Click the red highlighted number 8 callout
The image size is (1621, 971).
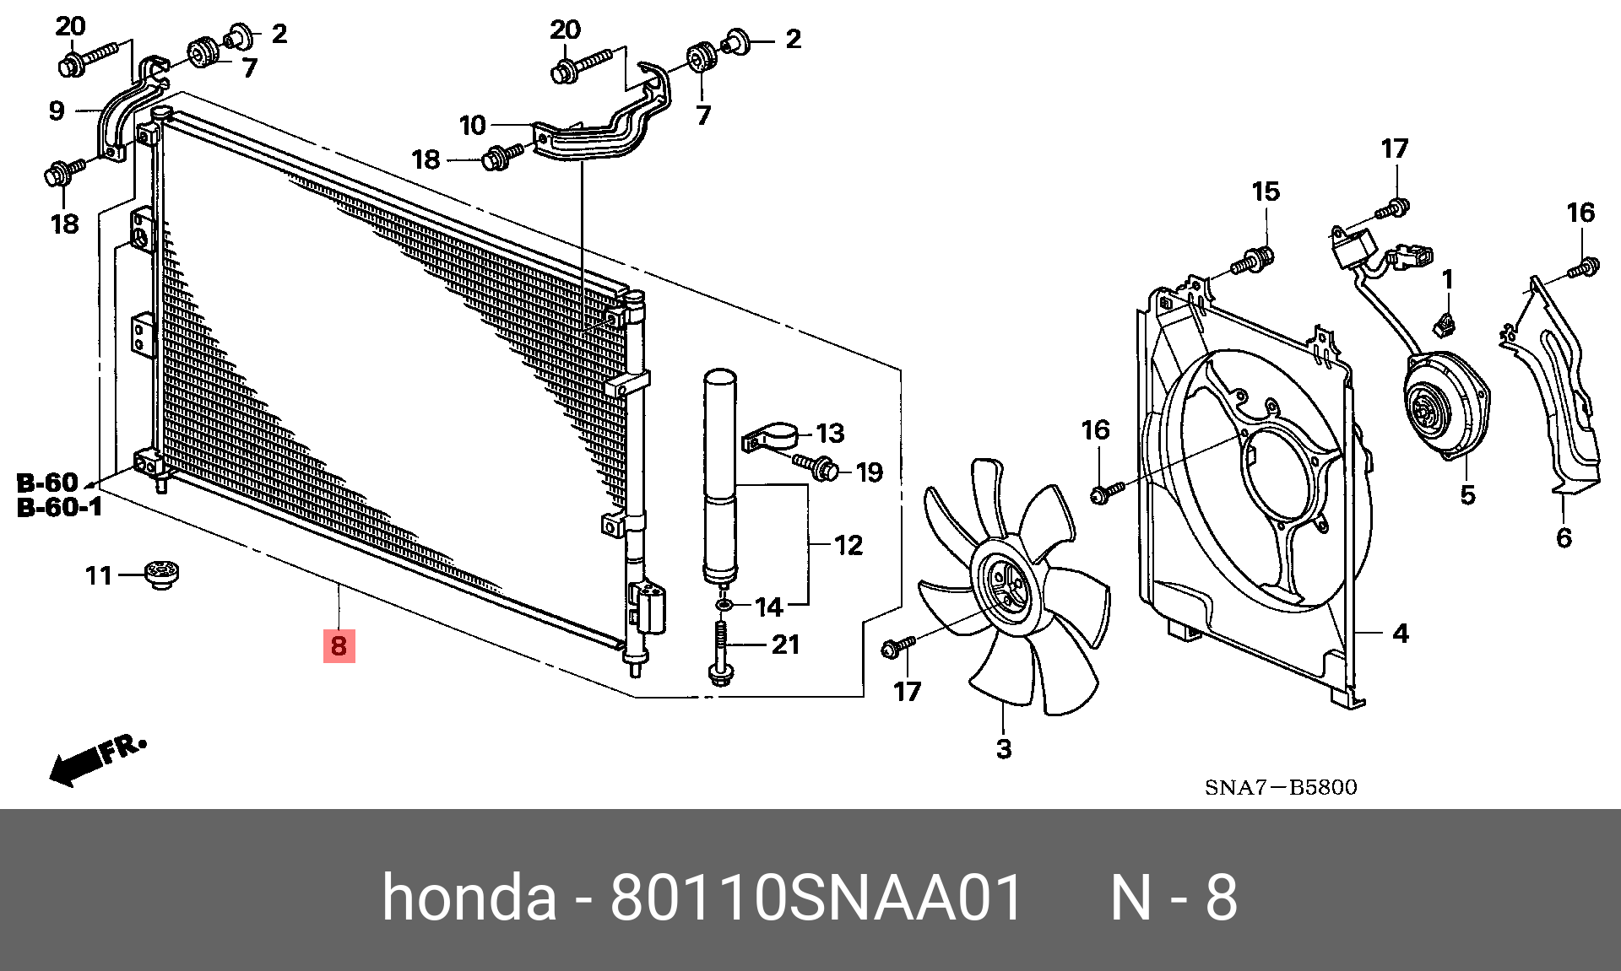click(x=339, y=646)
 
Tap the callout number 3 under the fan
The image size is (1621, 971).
click(x=1003, y=748)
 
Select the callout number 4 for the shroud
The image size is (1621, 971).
click(x=1400, y=633)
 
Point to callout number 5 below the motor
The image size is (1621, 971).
click(x=1467, y=495)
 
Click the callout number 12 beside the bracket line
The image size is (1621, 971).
click(x=848, y=545)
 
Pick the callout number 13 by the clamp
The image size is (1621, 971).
click(x=830, y=433)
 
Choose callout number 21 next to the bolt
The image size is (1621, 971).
click(x=785, y=645)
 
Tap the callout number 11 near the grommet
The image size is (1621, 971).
click(x=99, y=575)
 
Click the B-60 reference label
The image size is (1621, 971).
click(x=47, y=483)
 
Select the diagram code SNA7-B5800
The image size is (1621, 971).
click(x=1281, y=787)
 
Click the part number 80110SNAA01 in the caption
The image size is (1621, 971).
click(x=816, y=898)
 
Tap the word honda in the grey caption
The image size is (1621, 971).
click(x=469, y=898)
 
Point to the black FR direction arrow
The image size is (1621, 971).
click(x=76, y=766)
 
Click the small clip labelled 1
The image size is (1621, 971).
click(x=1447, y=322)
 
